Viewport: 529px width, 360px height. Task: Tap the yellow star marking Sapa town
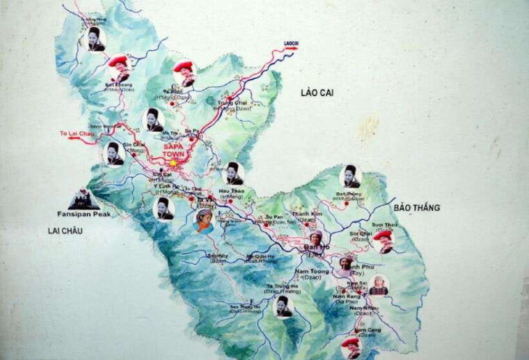(x=173, y=163)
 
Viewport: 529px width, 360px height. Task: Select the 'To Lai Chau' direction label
(x=77, y=133)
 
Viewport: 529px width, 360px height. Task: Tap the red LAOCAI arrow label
(x=290, y=44)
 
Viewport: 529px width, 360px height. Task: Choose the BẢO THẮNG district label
(x=416, y=208)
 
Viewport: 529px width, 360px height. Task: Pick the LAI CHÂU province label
(x=65, y=230)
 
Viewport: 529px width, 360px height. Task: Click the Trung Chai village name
(x=232, y=102)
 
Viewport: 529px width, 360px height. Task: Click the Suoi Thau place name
(x=385, y=225)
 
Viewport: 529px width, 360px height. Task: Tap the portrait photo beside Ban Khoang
(x=118, y=66)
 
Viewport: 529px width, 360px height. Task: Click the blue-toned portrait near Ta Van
(x=203, y=220)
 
